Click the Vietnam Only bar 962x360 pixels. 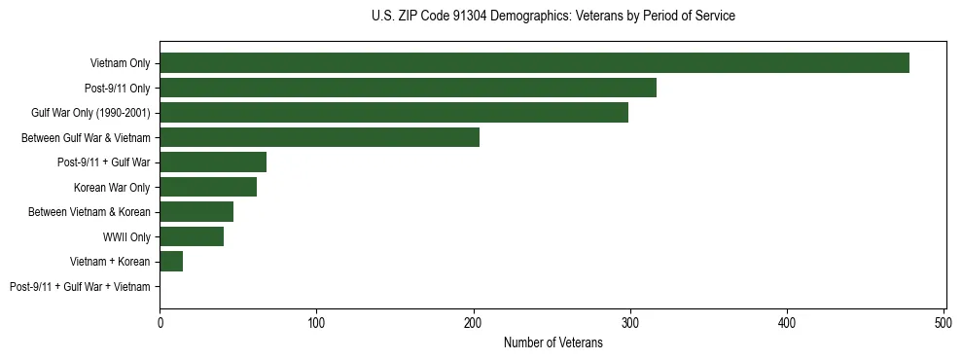(534, 63)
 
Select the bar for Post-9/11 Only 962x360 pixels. (408, 88)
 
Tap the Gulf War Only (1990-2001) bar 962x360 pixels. (394, 113)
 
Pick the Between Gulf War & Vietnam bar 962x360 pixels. (319, 137)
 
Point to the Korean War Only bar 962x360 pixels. (208, 187)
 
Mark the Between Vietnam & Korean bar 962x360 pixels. (196, 212)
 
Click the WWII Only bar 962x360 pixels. (192, 236)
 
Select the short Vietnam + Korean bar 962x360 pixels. (171, 261)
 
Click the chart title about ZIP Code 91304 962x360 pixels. (552, 17)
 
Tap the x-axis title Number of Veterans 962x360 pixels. (552, 342)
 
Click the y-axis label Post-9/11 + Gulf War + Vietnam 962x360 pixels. (80, 286)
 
